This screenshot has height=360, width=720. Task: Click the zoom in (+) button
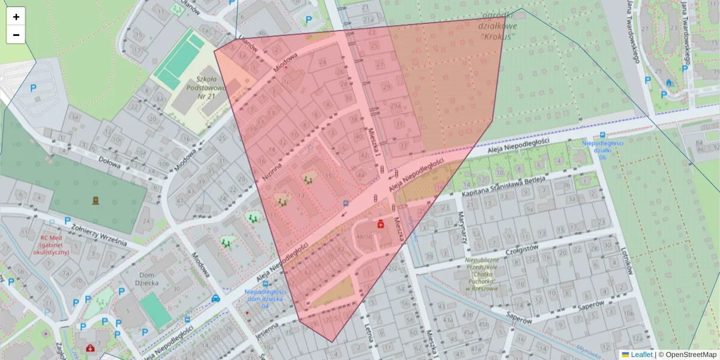(x=16, y=17)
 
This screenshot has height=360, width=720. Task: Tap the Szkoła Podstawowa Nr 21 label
(x=206, y=88)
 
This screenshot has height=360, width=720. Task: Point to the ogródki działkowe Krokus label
(x=498, y=26)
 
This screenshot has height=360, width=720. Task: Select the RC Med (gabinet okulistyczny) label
(x=53, y=244)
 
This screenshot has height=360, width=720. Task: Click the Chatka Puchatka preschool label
(x=483, y=274)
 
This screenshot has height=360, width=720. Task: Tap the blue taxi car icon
(x=215, y=298)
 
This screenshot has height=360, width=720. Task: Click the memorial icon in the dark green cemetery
(x=95, y=200)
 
